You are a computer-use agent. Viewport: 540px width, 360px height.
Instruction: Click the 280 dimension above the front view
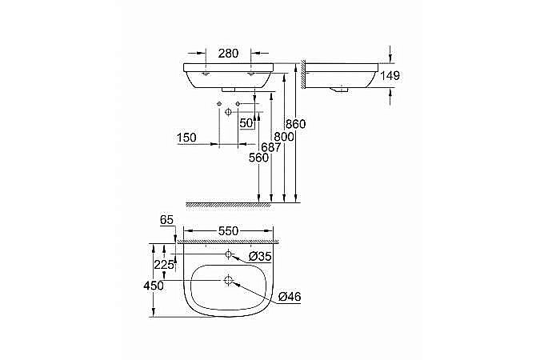tap(228, 53)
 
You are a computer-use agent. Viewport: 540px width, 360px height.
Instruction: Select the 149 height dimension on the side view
tap(390, 76)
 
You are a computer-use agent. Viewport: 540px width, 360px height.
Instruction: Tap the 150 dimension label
tap(186, 138)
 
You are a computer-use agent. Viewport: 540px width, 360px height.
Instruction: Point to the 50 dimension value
tap(246, 123)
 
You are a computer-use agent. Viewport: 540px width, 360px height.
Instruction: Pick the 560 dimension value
tap(258, 158)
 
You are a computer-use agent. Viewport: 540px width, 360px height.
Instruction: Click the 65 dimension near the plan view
tap(166, 218)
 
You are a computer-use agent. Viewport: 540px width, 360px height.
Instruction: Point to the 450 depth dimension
tap(153, 286)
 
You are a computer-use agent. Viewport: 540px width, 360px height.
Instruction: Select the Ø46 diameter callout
tap(290, 297)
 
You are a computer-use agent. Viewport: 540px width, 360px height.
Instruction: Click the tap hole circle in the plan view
tap(229, 255)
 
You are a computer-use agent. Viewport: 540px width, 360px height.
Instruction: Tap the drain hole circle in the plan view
tap(229, 281)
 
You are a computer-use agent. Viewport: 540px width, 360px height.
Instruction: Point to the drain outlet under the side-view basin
tap(342, 90)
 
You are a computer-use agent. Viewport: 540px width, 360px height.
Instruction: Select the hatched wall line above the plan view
tap(228, 240)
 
